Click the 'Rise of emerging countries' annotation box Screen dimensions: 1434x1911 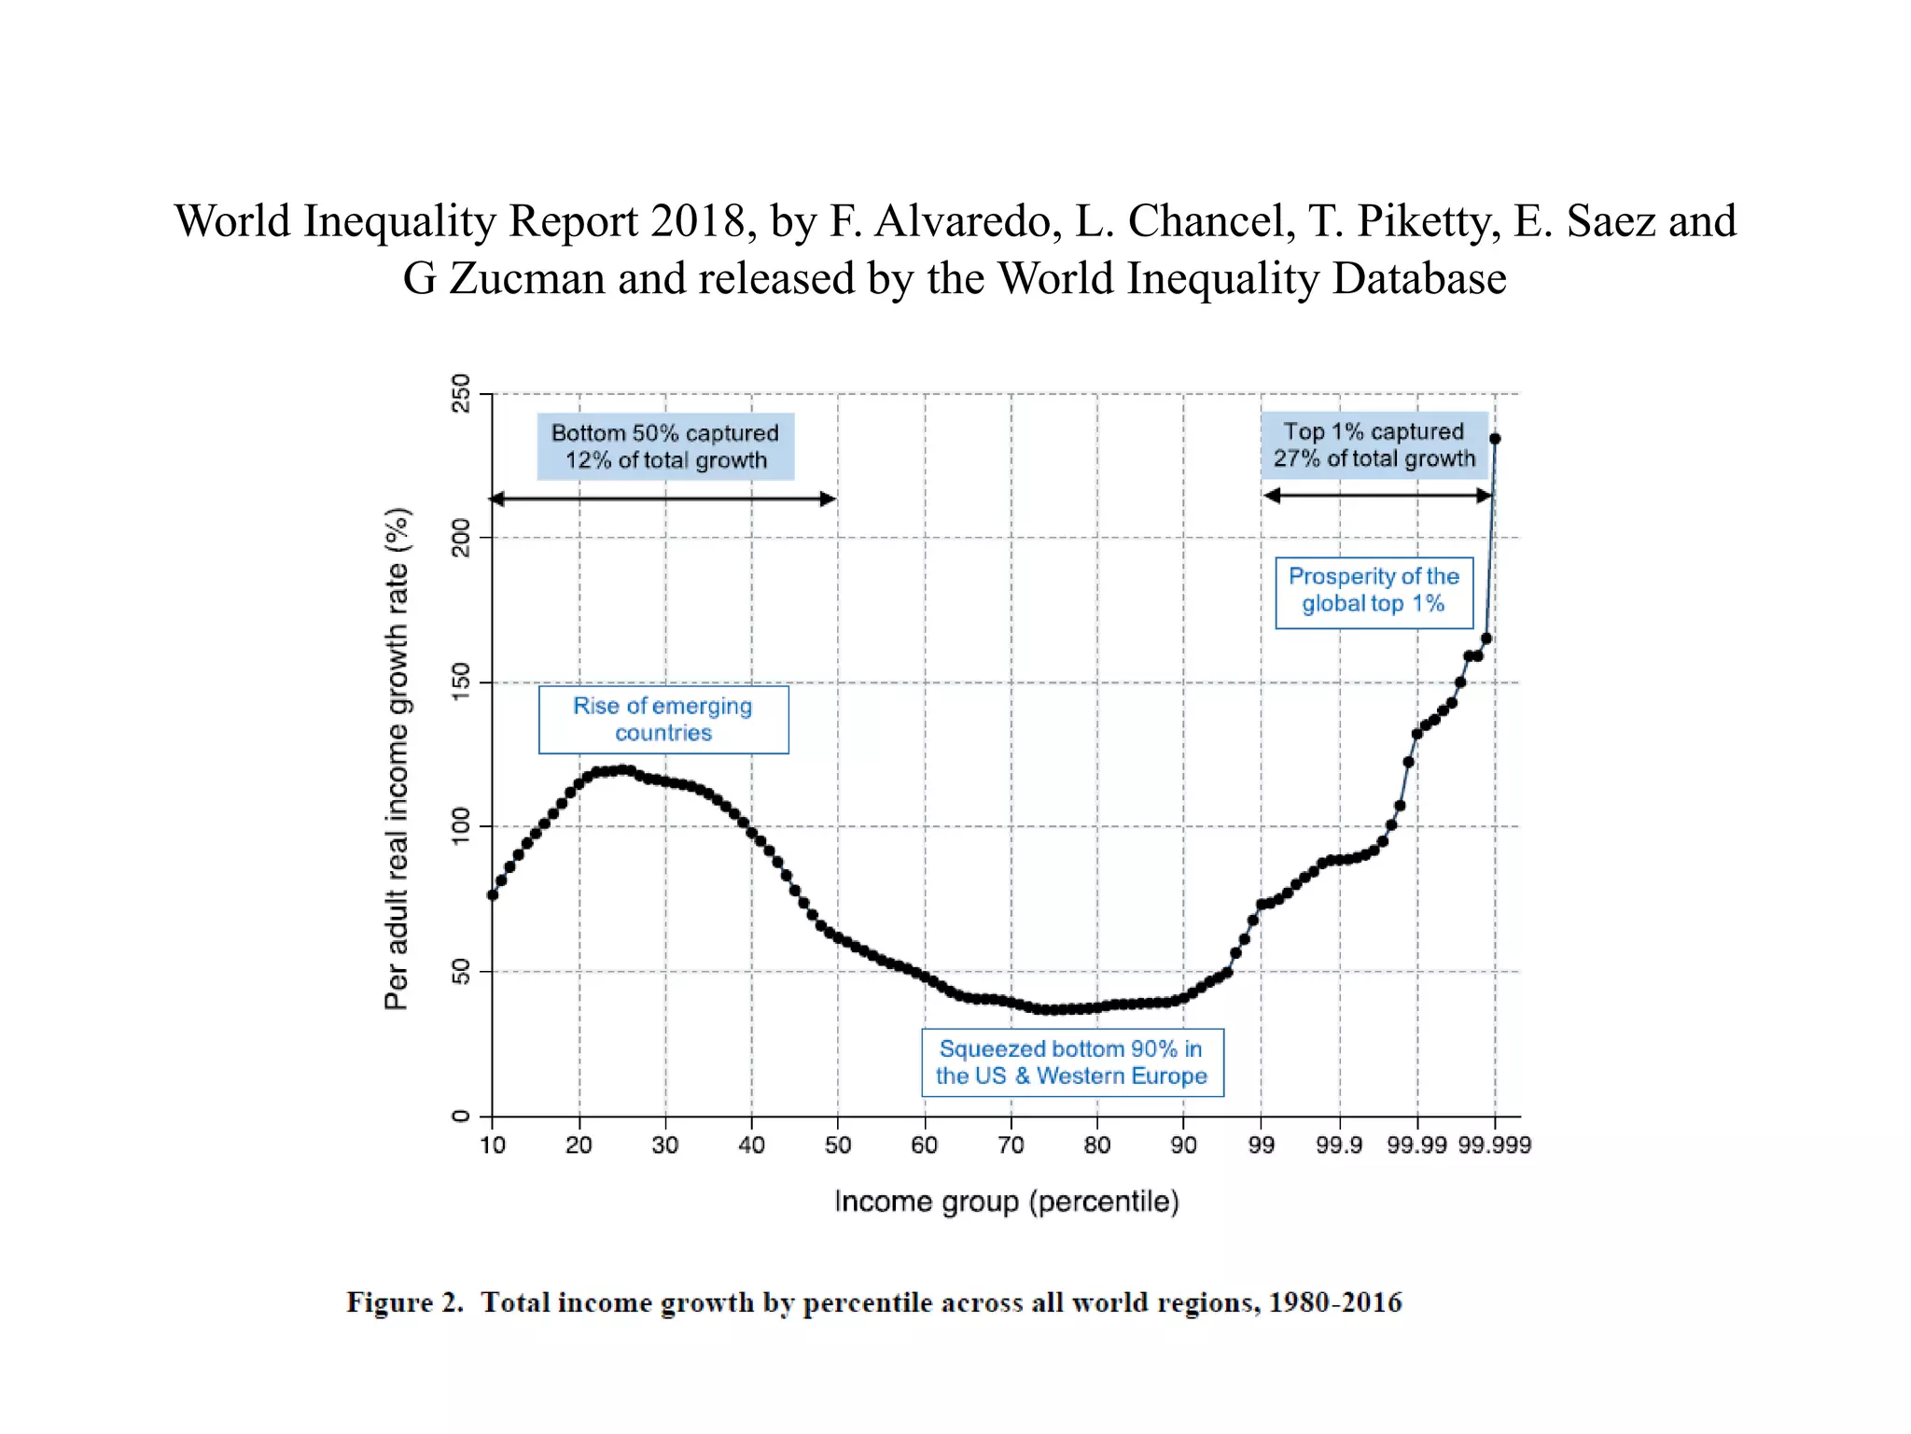click(x=663, y=719)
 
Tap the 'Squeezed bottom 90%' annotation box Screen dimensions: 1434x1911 click(x=1071, y=1062)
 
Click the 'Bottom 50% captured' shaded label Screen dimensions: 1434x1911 click(x=664, y=446)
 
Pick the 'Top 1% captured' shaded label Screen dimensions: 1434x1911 click(x=1374, y=444)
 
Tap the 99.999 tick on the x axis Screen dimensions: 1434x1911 click(x=1494, y=1145)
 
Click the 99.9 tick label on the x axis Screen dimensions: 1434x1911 click(x=1339, y=1145)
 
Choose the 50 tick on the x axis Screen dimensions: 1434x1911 click(x=837, y=1145)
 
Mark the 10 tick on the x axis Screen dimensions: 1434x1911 click(x=493, y=1145)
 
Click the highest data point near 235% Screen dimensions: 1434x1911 click(x=1495, y=439)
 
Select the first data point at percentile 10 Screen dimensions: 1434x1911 click(x=493, y=894)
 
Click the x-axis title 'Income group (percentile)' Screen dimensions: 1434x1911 click(x=1006, y=1202)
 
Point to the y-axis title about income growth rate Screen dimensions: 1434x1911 click(x=397, y=758)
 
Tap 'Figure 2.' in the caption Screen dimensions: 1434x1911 click(x=405, y=1302)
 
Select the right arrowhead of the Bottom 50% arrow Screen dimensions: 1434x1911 click(x=829, y=499)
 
